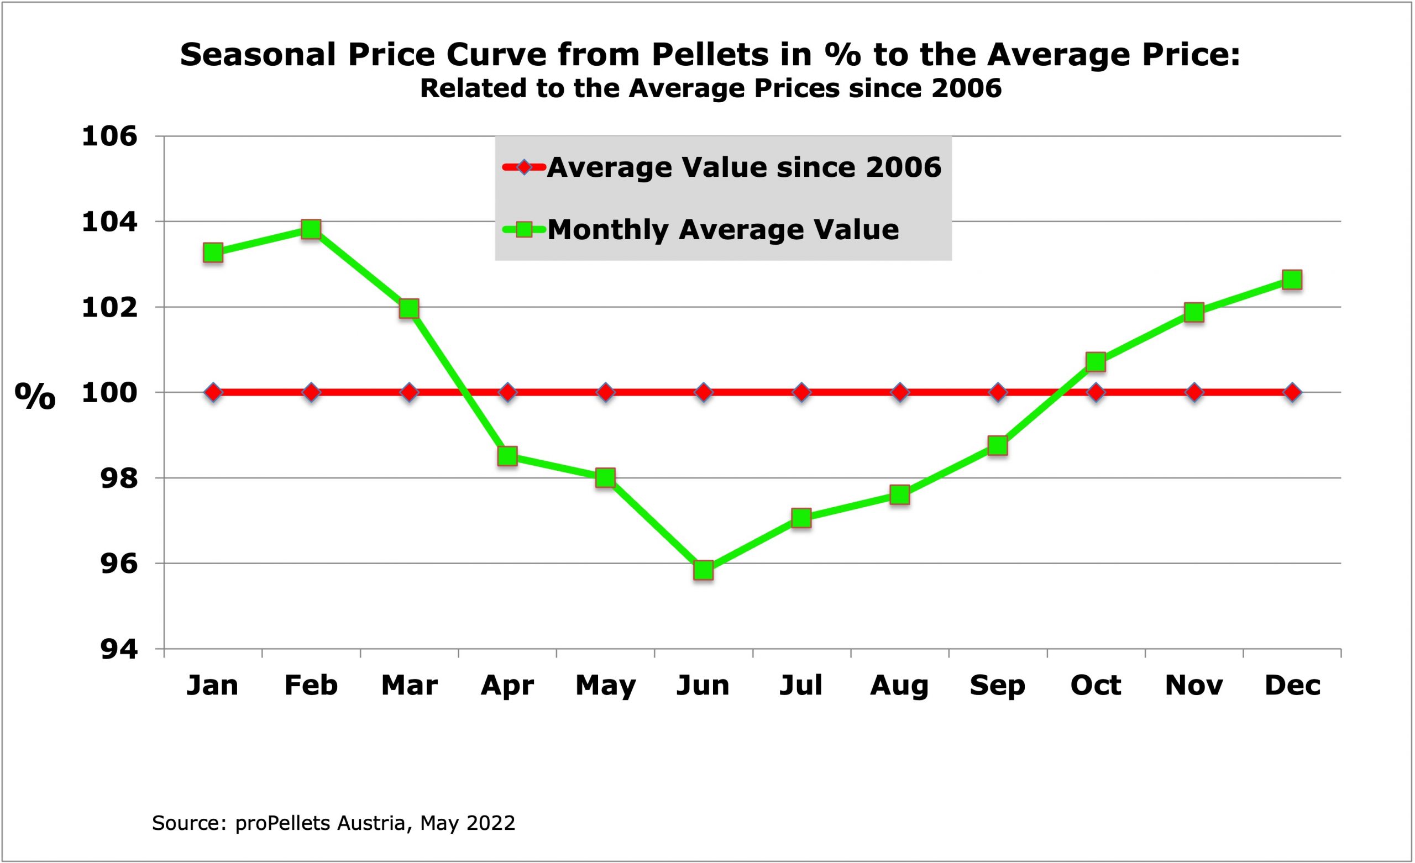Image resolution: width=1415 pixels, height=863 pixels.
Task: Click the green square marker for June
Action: point(704,570)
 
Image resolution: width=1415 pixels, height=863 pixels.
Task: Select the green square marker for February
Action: point(311,229)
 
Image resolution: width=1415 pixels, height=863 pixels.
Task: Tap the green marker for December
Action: point(1292,280)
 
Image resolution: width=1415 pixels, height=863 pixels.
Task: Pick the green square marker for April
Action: point(507,456)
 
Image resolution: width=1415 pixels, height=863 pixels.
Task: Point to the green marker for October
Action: point(1096,362)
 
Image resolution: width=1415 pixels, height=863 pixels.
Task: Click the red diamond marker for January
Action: point(213,393)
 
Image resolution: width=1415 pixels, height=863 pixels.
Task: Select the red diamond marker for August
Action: point(900,393)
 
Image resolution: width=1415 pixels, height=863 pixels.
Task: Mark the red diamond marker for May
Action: point(605,393)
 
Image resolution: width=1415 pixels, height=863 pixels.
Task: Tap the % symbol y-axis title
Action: point(35,396)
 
